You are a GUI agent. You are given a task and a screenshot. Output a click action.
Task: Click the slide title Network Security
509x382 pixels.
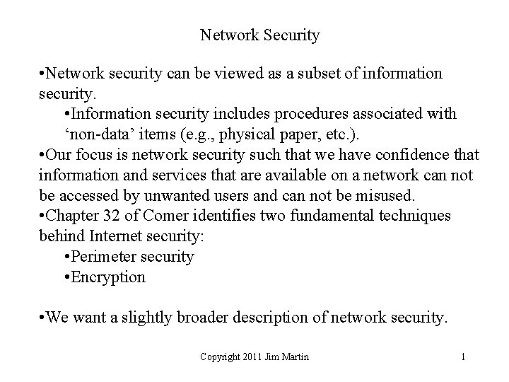point(259,35)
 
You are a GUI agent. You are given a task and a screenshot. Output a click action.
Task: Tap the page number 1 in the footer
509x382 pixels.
point(463,357)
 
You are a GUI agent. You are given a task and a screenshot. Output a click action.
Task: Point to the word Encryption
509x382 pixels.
point(110,277)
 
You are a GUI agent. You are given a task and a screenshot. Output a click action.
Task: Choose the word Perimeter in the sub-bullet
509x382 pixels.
point(106,256)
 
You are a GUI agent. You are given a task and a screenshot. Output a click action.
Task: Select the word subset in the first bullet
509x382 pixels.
point(308,73)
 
